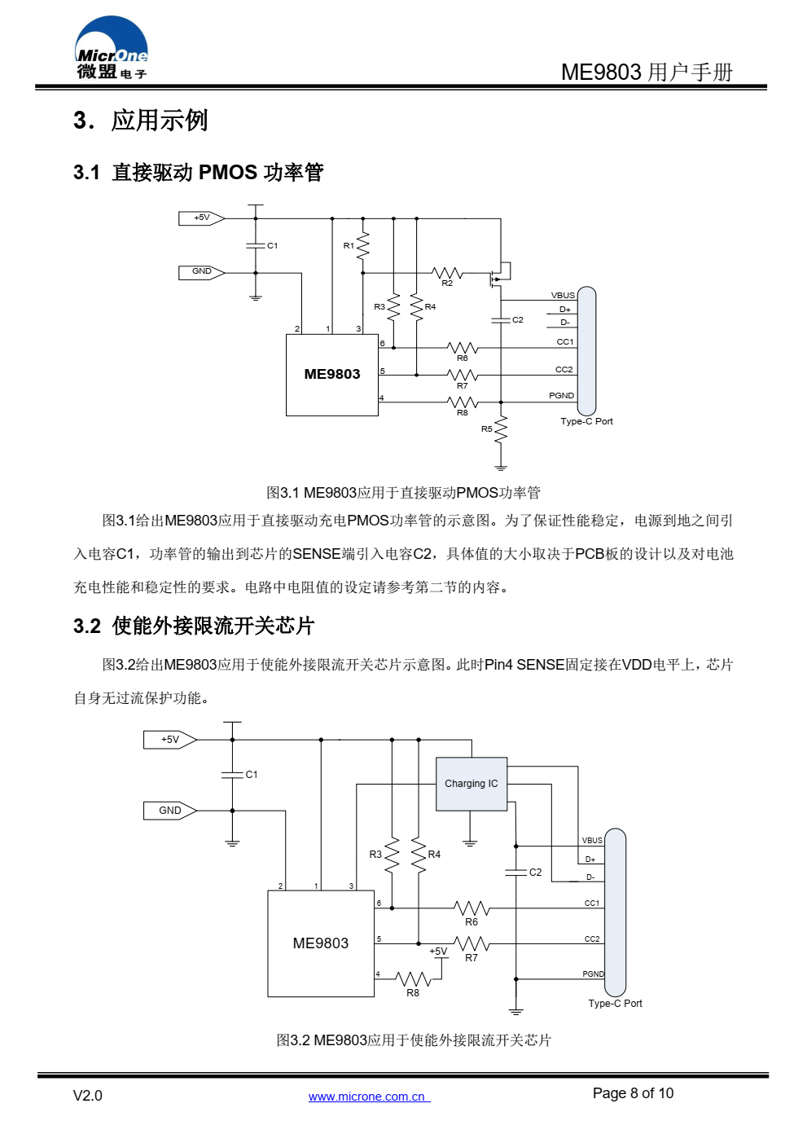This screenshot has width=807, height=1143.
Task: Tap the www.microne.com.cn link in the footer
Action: (369, 1096)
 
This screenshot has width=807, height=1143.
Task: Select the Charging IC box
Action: (471, 783)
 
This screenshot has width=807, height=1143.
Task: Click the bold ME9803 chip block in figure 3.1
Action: (332, 375)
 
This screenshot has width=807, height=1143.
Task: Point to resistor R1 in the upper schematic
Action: (362, 245)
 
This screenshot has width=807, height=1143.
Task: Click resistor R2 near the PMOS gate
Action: (447, 273)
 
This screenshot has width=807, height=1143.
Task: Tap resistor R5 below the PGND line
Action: (501, 429)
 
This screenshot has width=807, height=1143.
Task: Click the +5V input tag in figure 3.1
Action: (201, 218)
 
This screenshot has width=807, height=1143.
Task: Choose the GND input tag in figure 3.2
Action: (170, 811)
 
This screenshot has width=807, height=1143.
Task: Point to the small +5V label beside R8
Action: (437, 951)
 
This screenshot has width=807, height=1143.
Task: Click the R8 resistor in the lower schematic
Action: (413, 978)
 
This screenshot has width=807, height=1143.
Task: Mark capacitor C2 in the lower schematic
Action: (515, 872)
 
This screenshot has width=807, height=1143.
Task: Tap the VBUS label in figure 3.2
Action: (592, 841)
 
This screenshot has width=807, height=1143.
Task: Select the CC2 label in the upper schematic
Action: (564, 369)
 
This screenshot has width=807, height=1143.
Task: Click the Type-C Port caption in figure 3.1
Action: (586, 421)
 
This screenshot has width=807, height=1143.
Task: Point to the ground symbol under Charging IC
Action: (470, 843)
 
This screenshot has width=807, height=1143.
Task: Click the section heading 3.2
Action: (194, 626)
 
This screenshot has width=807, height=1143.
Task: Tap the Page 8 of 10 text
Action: (633, 1093)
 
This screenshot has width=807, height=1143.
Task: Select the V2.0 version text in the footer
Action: (88, 1096)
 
